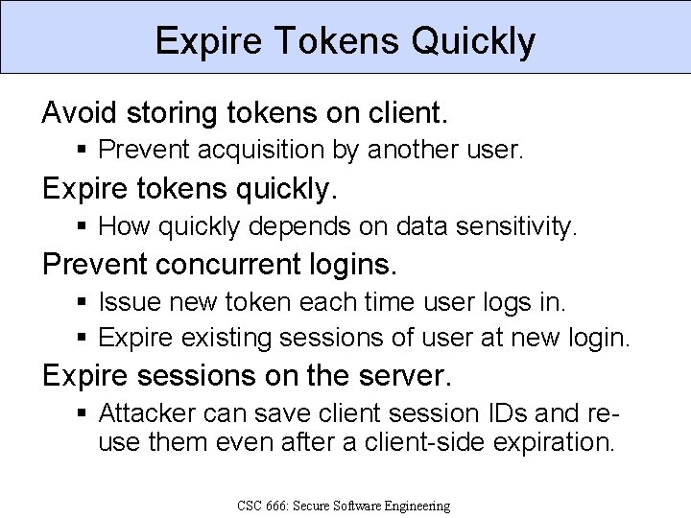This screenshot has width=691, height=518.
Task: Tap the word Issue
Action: click(x=126, y=302)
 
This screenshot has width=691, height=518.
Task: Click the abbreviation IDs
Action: click(x=504, y=414)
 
